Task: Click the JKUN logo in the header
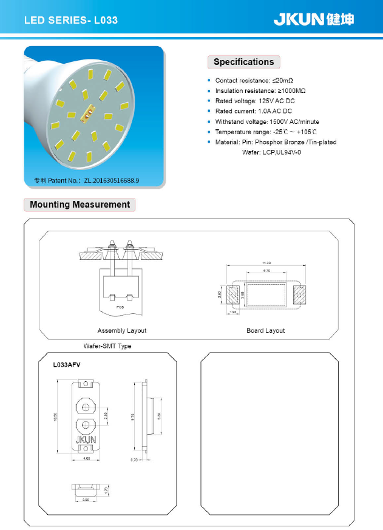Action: tap(313, 19)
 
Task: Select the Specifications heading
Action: tap(243, 62)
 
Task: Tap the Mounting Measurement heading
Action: tap(80, 205)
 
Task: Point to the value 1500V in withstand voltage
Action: tap(279, 121)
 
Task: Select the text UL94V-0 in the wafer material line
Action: tap(288, 152)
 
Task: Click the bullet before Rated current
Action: tap(209, 111)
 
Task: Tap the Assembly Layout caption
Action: tap(122, 330)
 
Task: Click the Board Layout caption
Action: tap(265, 330)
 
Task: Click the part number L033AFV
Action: tap(67, 365)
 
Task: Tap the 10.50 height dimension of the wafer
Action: tap(56, 416)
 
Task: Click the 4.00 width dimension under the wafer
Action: tap(86, 459)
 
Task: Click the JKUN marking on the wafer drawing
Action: tap(86, 440)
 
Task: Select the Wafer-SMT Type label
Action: tap(107, 345)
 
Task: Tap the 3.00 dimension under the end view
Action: tap(86, 500)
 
